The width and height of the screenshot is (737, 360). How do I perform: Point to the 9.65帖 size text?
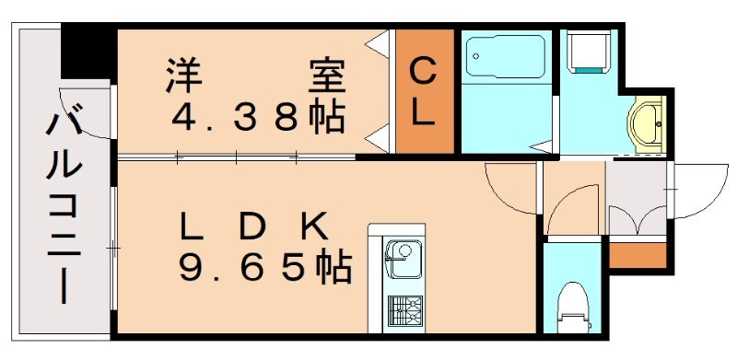click(263, 268)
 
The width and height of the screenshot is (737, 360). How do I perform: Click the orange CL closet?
click(424, 91)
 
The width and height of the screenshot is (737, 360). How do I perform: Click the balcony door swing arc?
click(88, 111)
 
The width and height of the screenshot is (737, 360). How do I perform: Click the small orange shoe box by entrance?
click(637, 253)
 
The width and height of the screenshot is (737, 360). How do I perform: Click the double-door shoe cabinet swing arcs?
click(637, 221)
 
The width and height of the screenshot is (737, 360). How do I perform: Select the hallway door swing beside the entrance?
click(571, 207)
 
